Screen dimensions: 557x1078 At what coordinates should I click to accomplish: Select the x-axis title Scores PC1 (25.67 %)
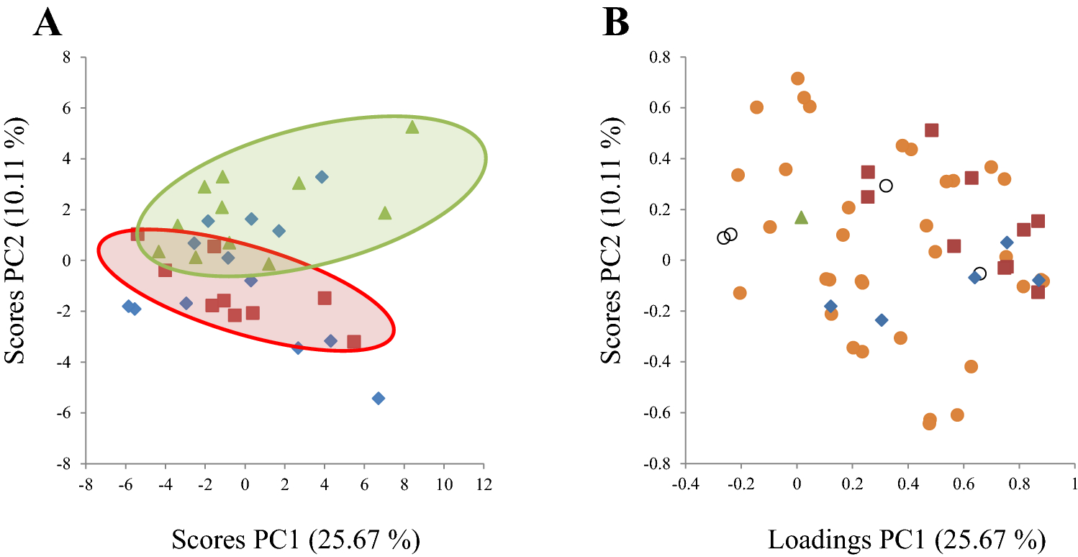tap(295, 538)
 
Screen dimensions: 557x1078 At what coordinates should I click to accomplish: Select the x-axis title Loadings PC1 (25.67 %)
tap(907, 538)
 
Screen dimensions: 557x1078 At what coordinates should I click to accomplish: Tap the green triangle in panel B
tap(802, 217)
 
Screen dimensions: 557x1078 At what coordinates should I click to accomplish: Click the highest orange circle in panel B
tap(797, 78)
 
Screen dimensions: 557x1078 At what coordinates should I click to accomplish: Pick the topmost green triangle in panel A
tap(412, 127)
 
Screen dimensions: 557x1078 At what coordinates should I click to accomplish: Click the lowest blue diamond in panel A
tap(379, 398)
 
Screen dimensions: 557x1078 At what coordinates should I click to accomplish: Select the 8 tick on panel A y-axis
tap(71, 57)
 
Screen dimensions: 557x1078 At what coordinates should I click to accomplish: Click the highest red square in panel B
tap(932, 130)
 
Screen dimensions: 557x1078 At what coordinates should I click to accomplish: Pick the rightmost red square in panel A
tap(354, 342)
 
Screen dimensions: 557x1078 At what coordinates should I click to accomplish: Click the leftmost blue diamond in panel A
tap(128, 306)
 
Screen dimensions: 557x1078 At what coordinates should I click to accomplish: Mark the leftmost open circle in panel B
tap(723, 237)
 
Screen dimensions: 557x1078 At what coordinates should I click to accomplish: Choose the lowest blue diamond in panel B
tap(882, 320)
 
